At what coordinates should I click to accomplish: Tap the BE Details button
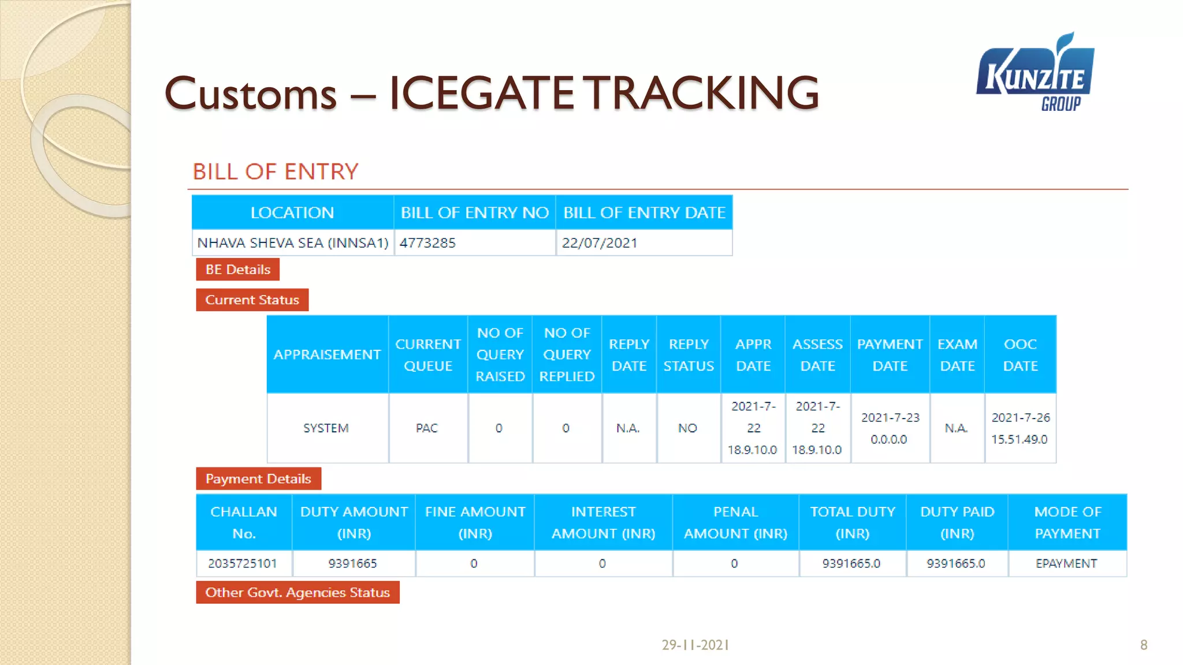click(x=237, y=270)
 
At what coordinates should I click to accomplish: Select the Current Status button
click(x=252, y=300)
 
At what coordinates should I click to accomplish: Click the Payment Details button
click(x=258, y=479)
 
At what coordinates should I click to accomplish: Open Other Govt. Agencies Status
click(x=297, y=592)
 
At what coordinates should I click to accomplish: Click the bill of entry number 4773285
click(x=427, y=243)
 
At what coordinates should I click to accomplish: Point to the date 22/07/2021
click(x=599, y=243)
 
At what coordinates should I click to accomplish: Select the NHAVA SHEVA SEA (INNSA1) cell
click(x=293, y=243)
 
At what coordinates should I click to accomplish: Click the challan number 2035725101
click(x=243, y=563)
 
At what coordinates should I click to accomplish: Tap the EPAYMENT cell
click(x=1066, y=563)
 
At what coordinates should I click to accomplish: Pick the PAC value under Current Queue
click(x=427, y=428)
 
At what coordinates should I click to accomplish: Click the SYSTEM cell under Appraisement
click(x=326, y=428)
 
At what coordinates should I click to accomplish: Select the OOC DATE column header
click(x=1020, y=354)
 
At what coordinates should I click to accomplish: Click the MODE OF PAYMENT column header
click(x=1067, y=522)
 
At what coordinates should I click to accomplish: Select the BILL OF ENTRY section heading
click(x=276, y=172)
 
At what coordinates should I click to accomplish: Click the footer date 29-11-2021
click(x=695, y=645)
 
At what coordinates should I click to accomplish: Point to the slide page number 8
click(x=1144, y=645)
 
